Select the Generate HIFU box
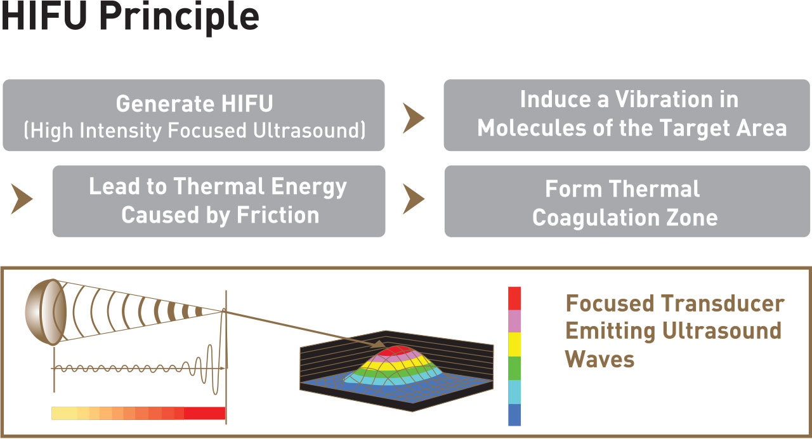[x=193, y=115]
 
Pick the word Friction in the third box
[x=278, y=215]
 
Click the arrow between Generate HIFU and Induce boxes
[x=413, y=118]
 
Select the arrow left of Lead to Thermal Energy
[x=22, y=199]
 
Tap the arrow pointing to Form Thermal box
[x=413, y=199]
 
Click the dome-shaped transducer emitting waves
[x=46, y=311]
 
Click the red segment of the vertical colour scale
[x=514, y=298]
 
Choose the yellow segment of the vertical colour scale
[x=514, y=344]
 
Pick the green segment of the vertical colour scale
[x=514, y=369]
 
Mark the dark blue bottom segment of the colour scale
[x=514, y=415]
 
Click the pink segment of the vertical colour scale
[x=514, y=321]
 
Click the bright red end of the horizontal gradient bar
[x=205, y=413]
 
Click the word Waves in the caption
[x=599, y=359]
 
